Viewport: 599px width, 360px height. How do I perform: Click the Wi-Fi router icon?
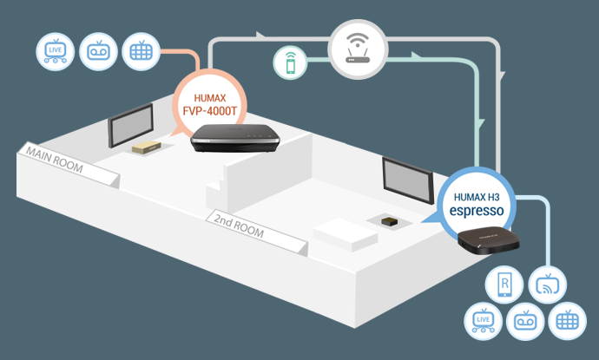[358, 49]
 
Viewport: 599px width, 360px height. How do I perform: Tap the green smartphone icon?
[290, 63]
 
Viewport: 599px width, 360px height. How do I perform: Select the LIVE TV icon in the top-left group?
[55, 51]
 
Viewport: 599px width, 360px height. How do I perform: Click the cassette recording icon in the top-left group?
[98, 51]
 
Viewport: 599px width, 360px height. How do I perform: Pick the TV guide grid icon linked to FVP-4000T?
[141, 51]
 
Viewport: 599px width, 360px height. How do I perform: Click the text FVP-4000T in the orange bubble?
[210, 111]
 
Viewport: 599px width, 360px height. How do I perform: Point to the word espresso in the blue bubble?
[477, 211]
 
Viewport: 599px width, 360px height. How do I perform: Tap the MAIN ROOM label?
[54, 160]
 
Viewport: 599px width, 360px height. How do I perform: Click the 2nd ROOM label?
[239, 226]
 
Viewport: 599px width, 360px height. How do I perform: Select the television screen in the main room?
[130, 125]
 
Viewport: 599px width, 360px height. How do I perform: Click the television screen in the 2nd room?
[408, 180]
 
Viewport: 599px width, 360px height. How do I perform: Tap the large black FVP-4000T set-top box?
[235, 138]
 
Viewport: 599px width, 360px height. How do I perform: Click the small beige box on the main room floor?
[147, 147]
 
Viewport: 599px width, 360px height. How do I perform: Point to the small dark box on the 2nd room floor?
[389, 221]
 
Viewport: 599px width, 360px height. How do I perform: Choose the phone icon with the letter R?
[504, 285]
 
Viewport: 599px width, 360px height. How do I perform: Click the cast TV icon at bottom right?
[548, 285]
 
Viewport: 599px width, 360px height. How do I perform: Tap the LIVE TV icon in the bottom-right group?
[483, 321]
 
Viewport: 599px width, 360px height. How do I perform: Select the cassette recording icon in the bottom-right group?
[525, 321]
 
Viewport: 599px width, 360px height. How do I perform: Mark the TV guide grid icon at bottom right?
[567, 321]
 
